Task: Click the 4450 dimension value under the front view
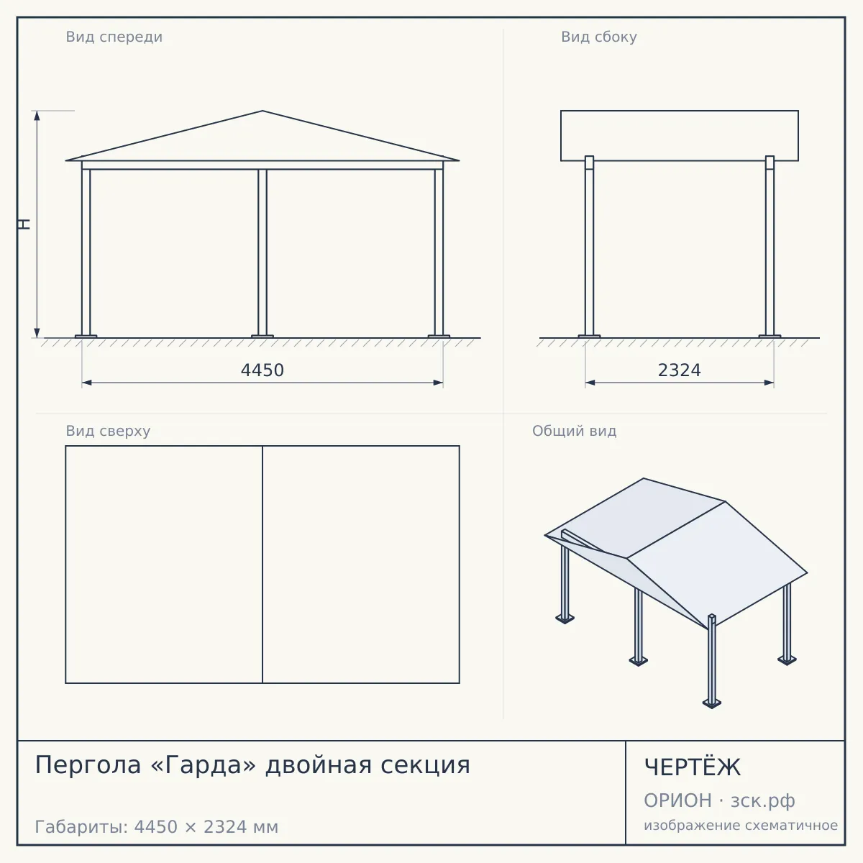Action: tap(262, 370)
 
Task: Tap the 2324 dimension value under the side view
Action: tap(679, 370)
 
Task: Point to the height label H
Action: tap(24, 224)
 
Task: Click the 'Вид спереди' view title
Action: tap(114, 37)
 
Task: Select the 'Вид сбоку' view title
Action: tap(599, 37)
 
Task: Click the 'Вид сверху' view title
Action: tap(108, 431)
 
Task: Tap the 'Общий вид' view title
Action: tap(574, 431)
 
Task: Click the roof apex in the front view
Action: tap(262, 111)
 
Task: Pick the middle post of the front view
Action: tap(262, 252)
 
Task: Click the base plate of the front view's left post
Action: tap(86, 337)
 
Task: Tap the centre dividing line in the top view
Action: tap(262, 565)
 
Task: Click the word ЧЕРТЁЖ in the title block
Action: tap(692, 767)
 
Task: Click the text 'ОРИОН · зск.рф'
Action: tap(719, 800)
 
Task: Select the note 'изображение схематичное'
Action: tap(741, 826)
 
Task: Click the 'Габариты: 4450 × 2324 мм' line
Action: tap(156, 827)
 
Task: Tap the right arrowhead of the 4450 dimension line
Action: tap(438, 383)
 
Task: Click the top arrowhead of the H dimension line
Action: tap(37, 116)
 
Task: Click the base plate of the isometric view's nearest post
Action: tap(712, 703)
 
